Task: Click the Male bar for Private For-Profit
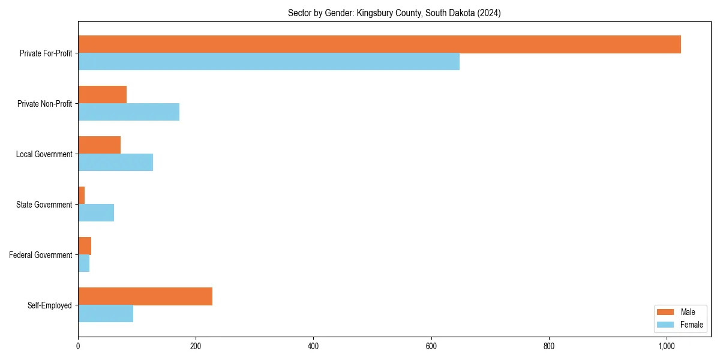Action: (379, 44)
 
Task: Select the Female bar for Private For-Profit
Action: (269, 62)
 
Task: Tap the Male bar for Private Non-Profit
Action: (102, 95)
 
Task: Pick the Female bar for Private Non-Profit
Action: (128, 112)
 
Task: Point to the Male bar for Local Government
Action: (99, 145)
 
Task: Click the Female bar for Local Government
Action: (115, 163)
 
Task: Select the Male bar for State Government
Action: (82, 196)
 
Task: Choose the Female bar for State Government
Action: (96, 213)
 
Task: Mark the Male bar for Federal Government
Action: (85, 246)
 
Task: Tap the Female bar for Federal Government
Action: (83, 263)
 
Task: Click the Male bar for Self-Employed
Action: (145, 296)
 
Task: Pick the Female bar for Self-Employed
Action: (106, 314)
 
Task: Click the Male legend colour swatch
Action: (665, 312)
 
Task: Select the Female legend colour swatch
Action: (665, 325)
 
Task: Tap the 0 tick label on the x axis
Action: (78, 346)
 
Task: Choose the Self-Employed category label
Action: (50, 305)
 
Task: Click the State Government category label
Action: (44, 205)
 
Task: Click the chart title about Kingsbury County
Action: (394, 13)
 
